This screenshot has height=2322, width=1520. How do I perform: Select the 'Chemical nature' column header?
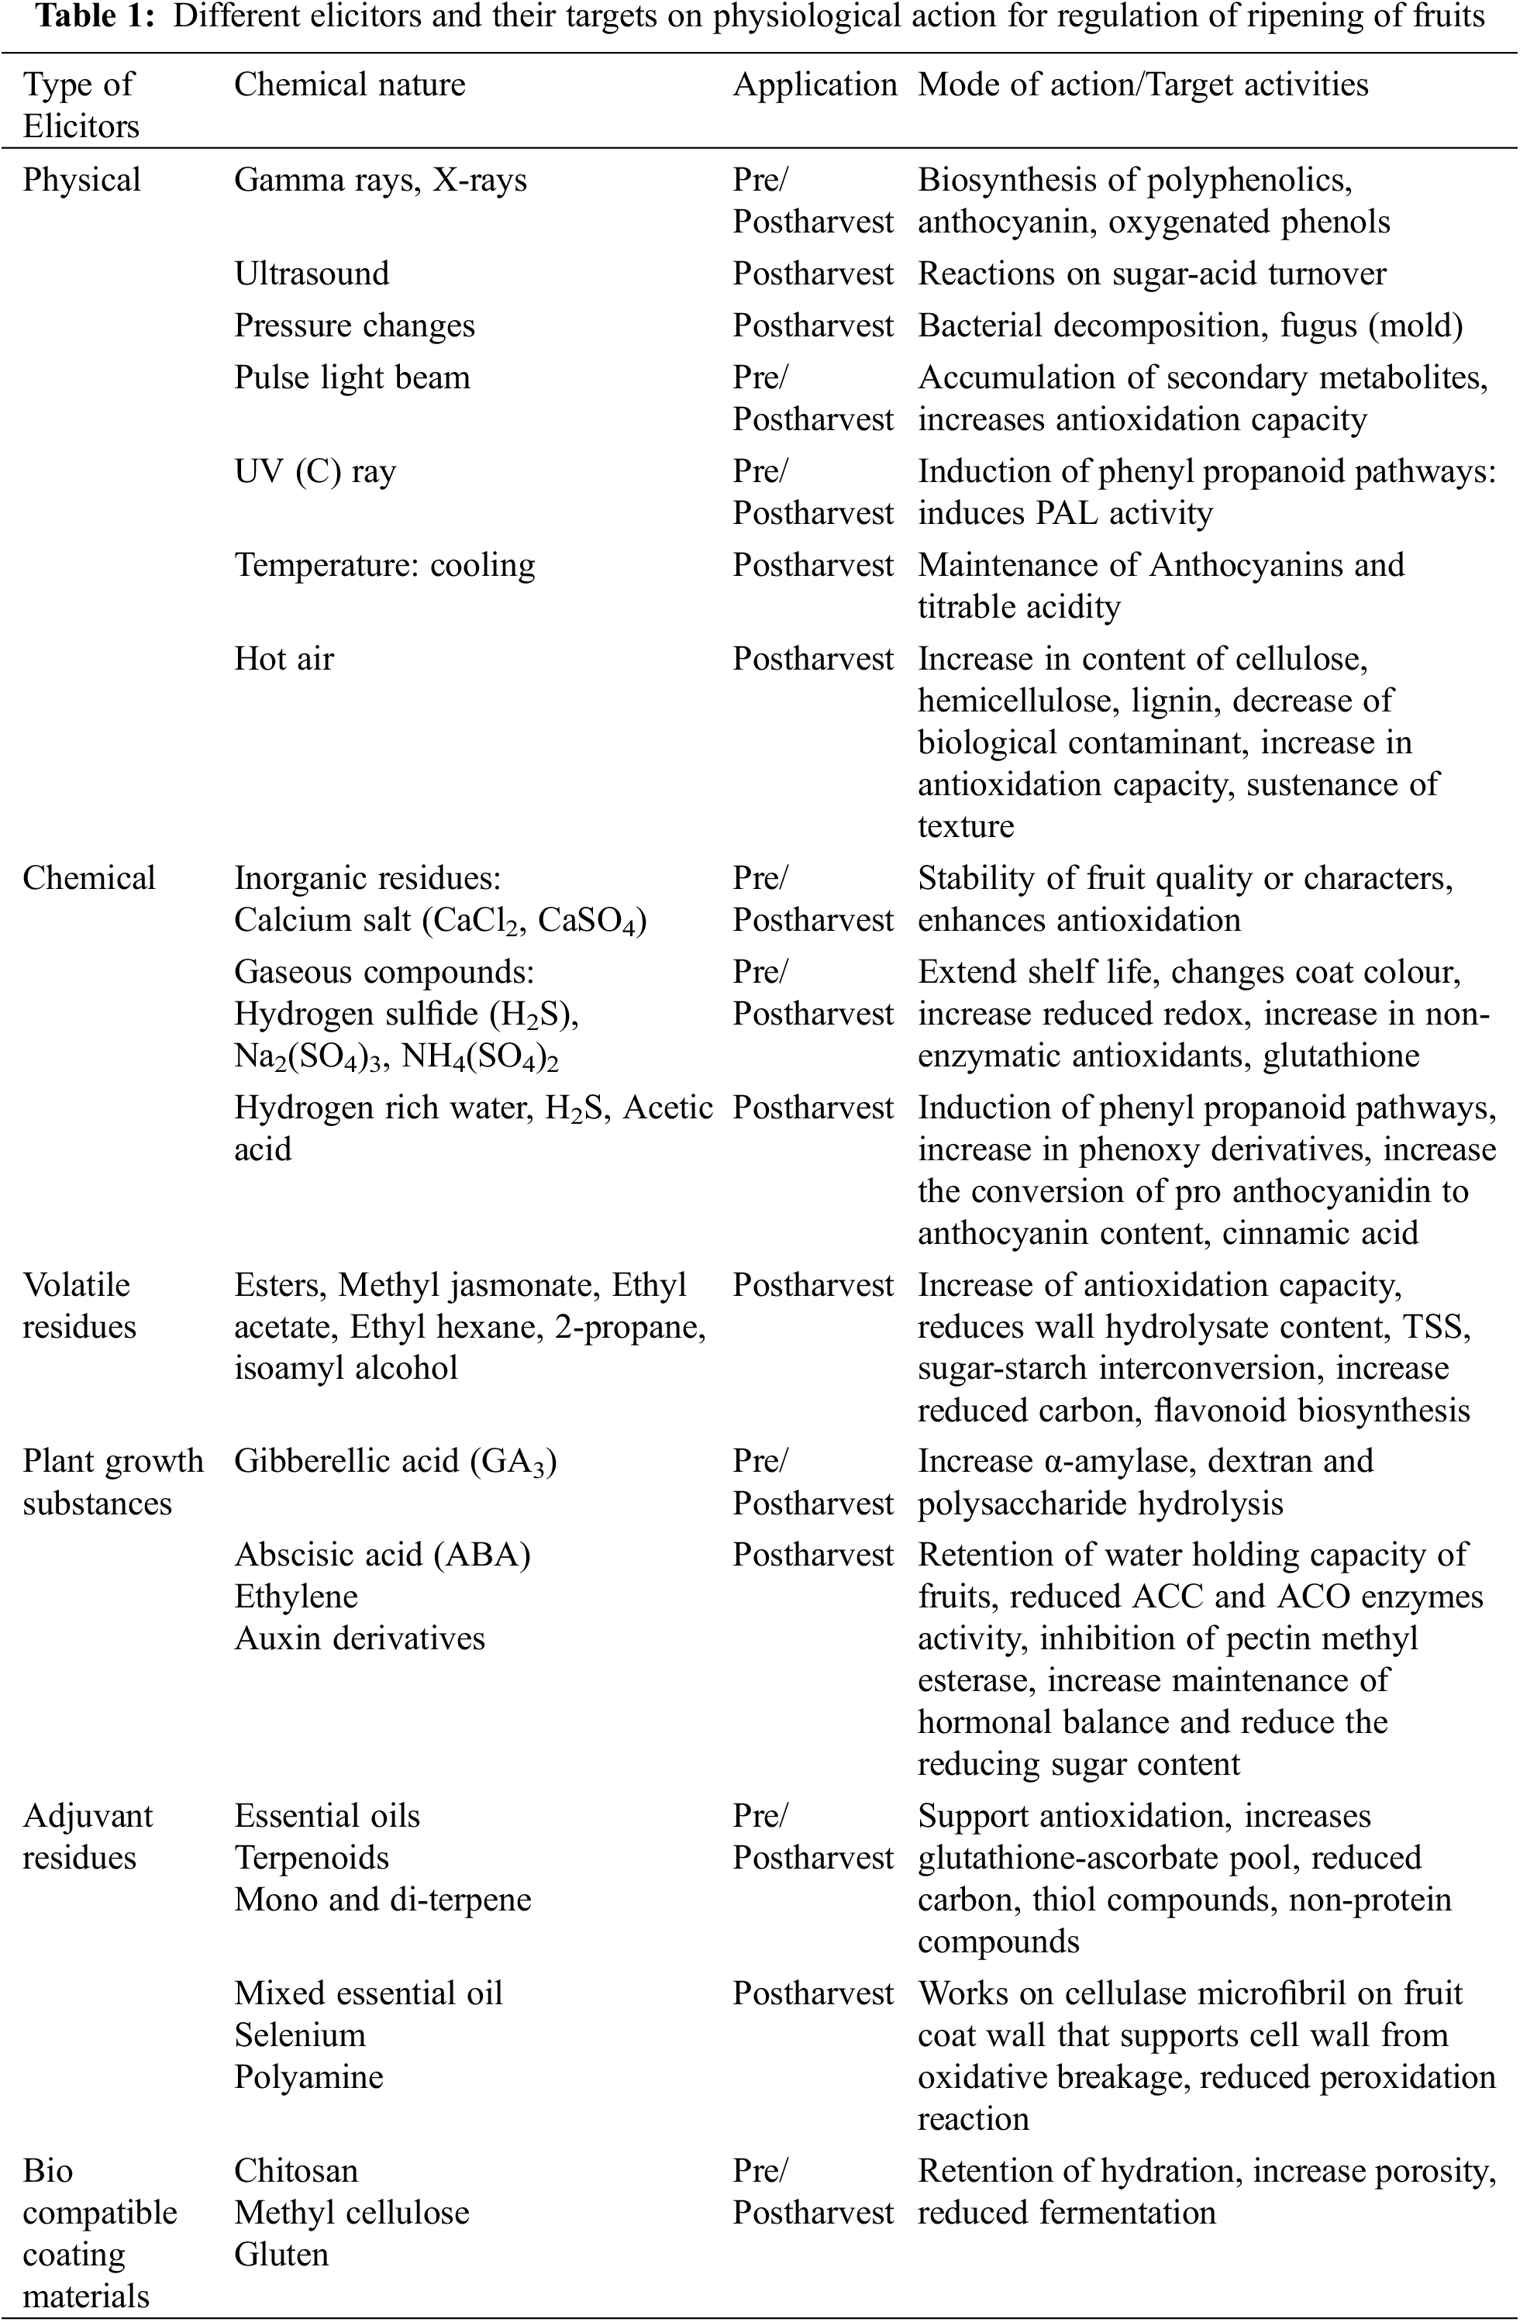click(350, 85)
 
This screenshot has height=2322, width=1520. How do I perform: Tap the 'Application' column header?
click(815, 85)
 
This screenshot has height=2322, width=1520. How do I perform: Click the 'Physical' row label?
click(82, 181)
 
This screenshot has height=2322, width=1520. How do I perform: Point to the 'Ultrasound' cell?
click(312, 274)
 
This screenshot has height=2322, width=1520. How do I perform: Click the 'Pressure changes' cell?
click(354, 326)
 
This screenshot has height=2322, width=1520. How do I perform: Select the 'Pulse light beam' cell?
click(351, 377)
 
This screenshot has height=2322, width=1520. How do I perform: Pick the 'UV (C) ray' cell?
click(315, 472)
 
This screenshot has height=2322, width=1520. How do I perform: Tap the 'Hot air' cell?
click(284, 660)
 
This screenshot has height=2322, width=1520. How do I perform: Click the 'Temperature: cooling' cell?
click(384, 566)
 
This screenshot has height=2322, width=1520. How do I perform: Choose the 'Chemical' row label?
click(89, 878)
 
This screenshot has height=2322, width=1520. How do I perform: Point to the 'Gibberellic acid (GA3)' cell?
click(395, 1462)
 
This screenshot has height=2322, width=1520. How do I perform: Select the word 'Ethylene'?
click(295, 1597)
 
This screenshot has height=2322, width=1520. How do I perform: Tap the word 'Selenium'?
click(299, 2035)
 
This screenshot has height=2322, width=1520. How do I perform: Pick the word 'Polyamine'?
click(308, 2077)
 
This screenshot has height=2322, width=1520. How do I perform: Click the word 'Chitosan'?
click(295, 2171)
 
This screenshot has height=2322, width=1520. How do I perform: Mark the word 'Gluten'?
click(281, 2255)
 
